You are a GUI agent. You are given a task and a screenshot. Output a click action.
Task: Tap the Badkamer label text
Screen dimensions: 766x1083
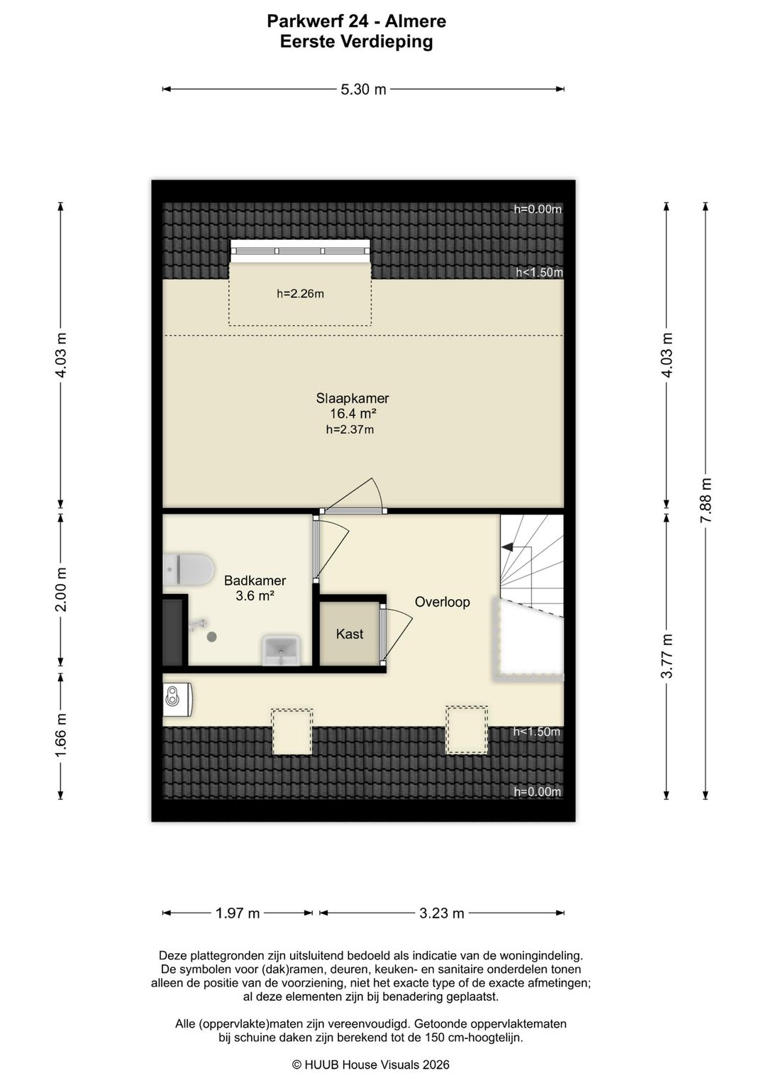pyautogui.click(x=255, y=581)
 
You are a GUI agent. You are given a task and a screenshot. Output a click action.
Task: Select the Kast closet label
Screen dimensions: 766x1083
pyautogui.click(x=350, y=634)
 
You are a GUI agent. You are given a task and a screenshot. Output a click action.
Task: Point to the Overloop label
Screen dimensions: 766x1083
pyautogui.click(x=442, y=603)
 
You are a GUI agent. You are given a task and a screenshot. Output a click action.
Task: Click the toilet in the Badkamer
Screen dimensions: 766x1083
pyautogui.click(x=189, y=569)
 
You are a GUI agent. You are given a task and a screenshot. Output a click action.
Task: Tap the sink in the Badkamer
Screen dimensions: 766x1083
pyautogui.click(x=281, y=652)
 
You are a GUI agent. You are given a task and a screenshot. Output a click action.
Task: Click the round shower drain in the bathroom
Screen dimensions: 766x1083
pyautogui.click(x=211, y=637)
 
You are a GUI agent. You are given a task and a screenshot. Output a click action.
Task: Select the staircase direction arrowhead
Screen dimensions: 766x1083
pyautogui.click(x=507, y=547)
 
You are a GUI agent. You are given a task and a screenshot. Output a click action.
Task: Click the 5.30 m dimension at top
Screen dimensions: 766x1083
pyautogui.click(x=363, y=89)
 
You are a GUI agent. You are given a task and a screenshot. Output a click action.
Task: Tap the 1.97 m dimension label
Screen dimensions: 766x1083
pyautogui.click(x=238, y=913)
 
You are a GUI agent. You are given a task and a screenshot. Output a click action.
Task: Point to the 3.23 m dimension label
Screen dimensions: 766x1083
pyautogui.click(x=442, y=913)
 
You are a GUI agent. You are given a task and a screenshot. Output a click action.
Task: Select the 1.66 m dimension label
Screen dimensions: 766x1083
pyautogui.click(x=61, y=736)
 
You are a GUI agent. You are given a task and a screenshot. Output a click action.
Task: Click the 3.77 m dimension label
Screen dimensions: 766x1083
pyautogui.click(x=667, y=656)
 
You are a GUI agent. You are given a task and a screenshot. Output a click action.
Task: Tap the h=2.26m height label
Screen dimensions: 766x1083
pyautogui.click(x=300, y=294)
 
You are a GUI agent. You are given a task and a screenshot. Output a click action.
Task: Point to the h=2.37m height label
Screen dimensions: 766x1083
pyautogui.click(x=350, y=429)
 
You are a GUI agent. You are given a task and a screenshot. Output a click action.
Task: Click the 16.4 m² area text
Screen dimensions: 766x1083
pyautogui.click(x=353, y=414)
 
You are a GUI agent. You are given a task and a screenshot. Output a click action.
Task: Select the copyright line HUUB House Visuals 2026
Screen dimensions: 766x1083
pyautogui.click(x=371, y=1065)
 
